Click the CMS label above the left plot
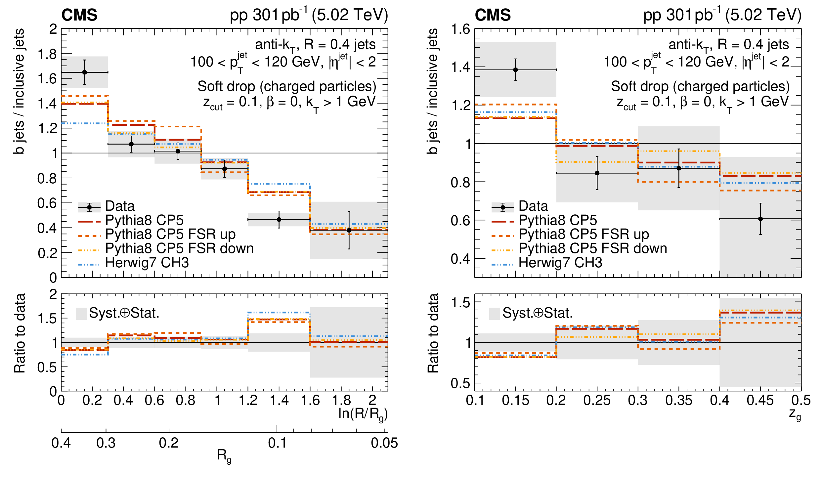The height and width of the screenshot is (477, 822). coord(79,15)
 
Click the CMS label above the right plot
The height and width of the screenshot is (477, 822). coord(493,15)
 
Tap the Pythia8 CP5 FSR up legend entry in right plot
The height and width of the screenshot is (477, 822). coord(584,234)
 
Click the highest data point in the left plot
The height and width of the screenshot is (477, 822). coord(85,72)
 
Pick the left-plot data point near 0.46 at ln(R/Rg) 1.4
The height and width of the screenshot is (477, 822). coord(279,219)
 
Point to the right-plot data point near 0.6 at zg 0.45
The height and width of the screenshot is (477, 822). coord(760,219)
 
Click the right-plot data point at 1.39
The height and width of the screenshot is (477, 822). coord(515,70)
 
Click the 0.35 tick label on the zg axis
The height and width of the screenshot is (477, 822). coord(679,400)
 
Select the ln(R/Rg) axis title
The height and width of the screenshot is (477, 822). coord(363,414)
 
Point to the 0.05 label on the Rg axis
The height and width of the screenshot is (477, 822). coord(384,443)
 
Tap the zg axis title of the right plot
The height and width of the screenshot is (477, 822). coord(795,414)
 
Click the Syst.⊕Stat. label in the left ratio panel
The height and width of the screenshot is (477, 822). coord(124,313)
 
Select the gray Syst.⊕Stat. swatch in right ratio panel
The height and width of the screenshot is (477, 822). coord(495,314)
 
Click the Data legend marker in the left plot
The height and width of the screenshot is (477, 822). coord(89,207)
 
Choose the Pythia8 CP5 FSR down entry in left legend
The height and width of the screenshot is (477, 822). coord(179,248)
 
